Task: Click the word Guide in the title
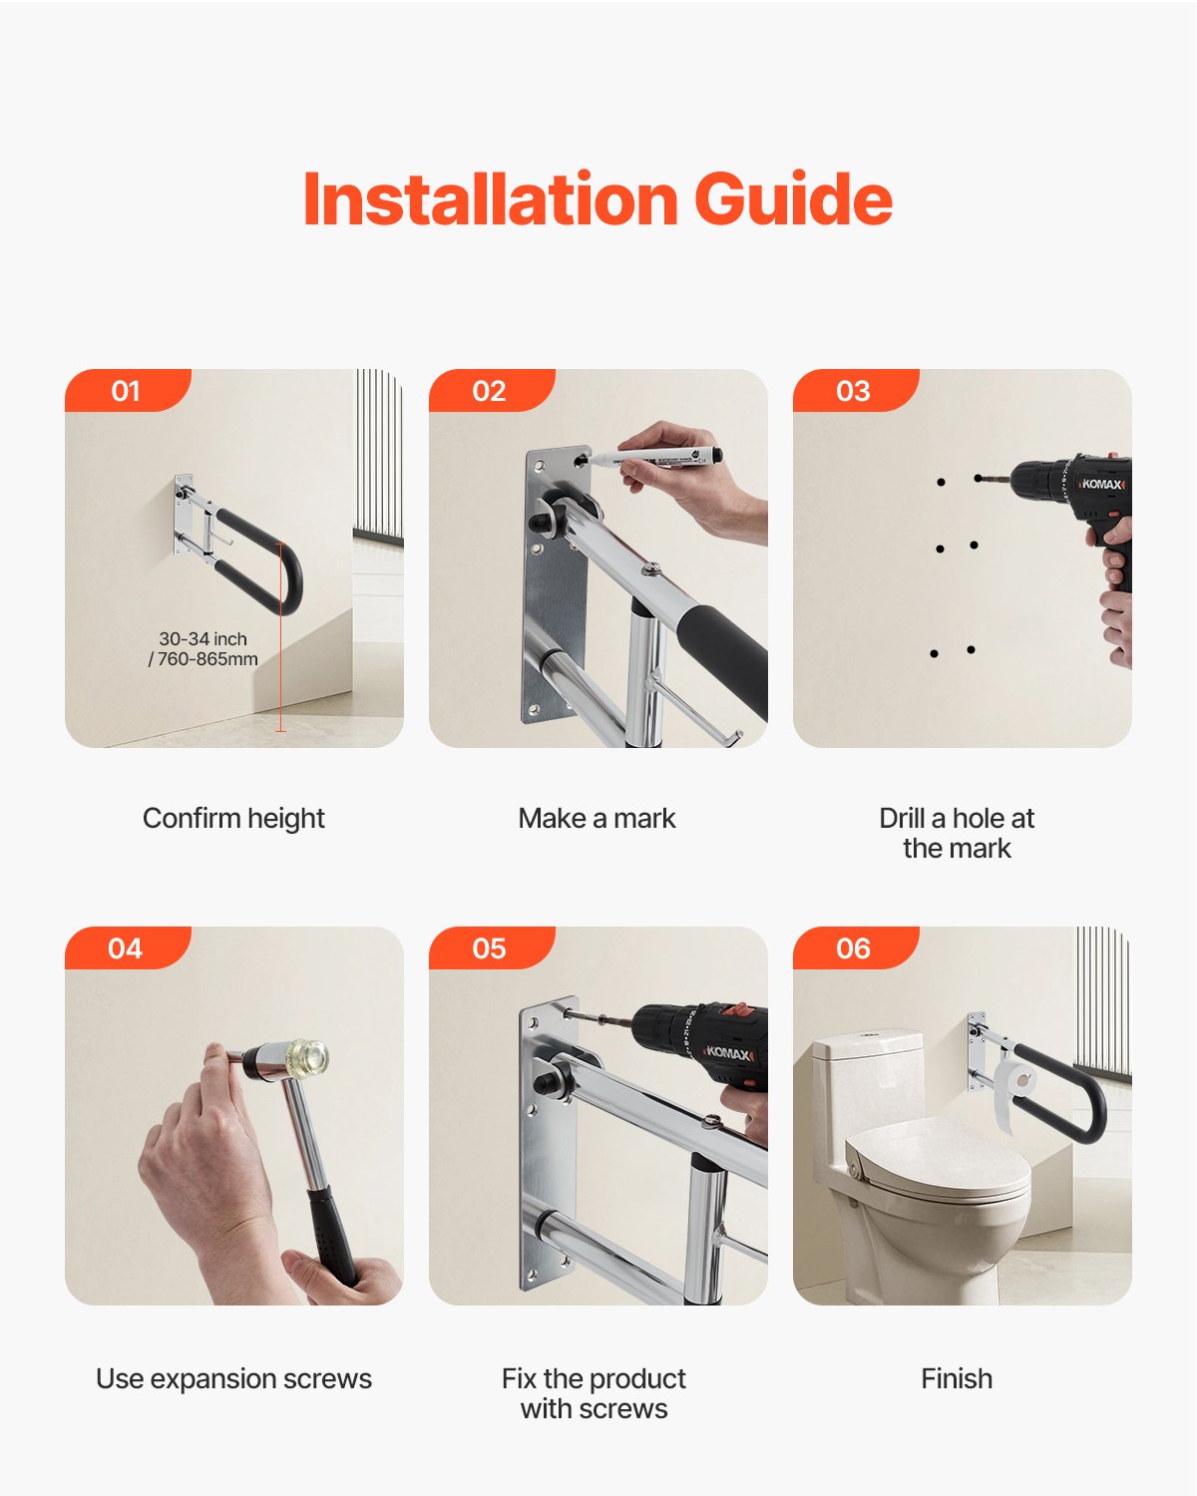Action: click(x=793, y=199)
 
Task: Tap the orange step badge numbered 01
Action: click(x=127, y=391)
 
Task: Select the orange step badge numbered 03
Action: click(x=854, y=391)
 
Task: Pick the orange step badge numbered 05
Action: click(x=490, y=948)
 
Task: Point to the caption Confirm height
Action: click(x=233, y=818)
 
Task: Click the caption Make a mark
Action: click(x=597, y=818)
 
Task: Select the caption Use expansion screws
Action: click(x=233, y=1378)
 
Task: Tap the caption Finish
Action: click(x=957, y=1378)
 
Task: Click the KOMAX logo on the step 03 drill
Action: click(x=1103, y=484)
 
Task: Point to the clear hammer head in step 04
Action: click(x=305, y=1058)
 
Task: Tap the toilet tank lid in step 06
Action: click(x=868, y=1043)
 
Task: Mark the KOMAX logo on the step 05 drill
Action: click(x=729, y=1052)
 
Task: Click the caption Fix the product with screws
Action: click(x=595, y=1393)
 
